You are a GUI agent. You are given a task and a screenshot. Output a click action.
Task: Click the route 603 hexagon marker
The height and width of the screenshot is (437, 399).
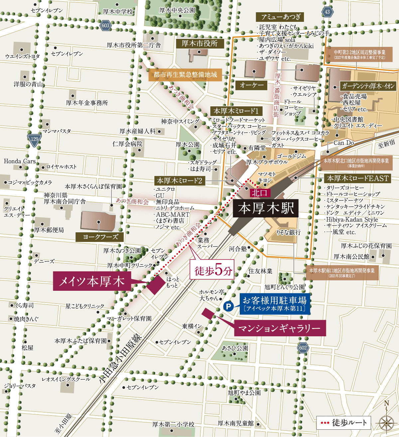[106, 26]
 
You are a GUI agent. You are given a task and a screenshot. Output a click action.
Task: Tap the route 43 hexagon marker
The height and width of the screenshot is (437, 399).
[327, 12]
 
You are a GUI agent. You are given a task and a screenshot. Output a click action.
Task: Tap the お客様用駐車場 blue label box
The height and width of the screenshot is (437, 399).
[275, 304]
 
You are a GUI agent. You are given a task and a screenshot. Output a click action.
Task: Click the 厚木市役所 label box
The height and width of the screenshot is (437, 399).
[200, 43]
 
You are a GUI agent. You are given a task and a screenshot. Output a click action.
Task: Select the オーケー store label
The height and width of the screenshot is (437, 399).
[252, 85]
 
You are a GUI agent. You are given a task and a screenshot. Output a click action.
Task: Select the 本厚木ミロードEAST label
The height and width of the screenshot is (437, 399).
[358, 178]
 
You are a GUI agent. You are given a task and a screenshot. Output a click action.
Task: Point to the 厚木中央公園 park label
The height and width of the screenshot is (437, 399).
[177, 10]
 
